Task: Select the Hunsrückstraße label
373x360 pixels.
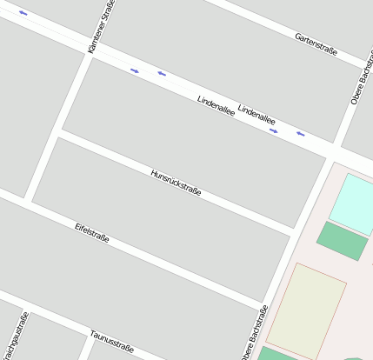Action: [176, 183]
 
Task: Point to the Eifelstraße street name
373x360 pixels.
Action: [92, 232]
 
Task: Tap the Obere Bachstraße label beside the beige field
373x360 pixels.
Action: [253, 333]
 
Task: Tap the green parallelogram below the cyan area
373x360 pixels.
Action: [341, 241]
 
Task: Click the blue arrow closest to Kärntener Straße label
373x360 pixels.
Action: [135, 70]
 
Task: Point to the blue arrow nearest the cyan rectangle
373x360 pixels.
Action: [301, 134]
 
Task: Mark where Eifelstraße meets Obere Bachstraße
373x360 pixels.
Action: [264, 305]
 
